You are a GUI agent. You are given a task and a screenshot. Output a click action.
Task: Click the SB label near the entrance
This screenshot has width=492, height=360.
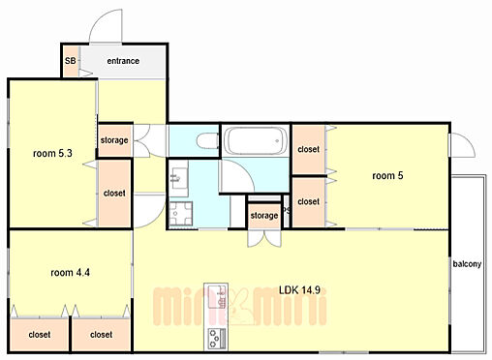coord(71,61)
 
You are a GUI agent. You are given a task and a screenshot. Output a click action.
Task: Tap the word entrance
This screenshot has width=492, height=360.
coord(123,61)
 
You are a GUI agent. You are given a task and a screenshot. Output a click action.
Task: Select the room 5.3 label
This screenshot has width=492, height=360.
coord(52,153)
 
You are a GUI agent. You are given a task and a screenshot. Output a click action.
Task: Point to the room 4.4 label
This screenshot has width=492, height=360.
coord(70,273)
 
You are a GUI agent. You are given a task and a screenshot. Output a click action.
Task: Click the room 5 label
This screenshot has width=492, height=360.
coord(387,175)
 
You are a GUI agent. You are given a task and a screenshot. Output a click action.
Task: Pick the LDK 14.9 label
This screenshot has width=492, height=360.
coord(299,290)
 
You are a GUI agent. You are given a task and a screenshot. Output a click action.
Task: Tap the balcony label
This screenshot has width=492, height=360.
coord(467,264)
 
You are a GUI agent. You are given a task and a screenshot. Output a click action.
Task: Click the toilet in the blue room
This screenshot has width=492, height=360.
coord(207,141)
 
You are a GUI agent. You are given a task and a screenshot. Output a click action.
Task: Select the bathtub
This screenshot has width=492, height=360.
coord(256,141)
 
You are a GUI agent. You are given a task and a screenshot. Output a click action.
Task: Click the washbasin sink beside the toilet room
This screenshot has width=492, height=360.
coord(178,178)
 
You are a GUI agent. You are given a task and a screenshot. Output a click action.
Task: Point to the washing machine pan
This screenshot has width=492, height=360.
coord(180,214)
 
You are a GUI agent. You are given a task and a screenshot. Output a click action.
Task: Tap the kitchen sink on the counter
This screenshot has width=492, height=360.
coord(216,297)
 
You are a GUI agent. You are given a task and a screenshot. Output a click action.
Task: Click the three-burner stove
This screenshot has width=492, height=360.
coord(216,338)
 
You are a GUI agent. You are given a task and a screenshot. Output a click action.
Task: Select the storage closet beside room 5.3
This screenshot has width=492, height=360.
coord(114,140)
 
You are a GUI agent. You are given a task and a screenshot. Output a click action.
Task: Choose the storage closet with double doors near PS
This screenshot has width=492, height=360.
coord(264,216)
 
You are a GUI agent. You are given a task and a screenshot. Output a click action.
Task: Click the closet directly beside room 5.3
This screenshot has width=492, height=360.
coord(114,194)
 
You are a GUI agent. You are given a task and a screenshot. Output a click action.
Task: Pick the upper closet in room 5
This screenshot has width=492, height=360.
coord(309,149)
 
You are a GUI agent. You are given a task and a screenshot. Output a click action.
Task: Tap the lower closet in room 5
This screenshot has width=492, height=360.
coord(309,202)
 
